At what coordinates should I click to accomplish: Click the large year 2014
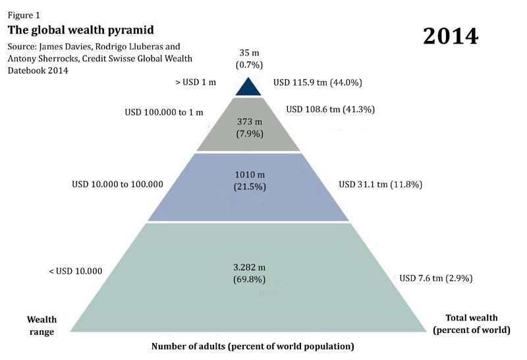(451, 35)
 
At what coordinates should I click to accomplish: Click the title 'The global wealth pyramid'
(80, 30)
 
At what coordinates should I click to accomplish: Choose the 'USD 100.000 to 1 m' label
(164, 112)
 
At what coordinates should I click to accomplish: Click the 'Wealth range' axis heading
(41, 326)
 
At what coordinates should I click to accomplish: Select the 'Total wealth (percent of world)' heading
(472, 323)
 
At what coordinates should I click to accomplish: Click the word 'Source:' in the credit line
(23, 47)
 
